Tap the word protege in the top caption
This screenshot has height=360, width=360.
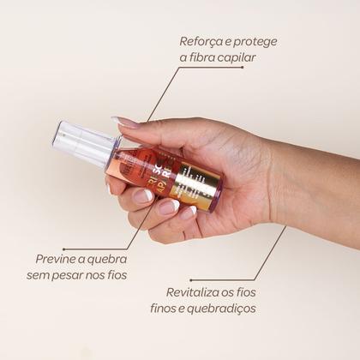point(255,41)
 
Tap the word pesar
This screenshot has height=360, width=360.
point(84,274)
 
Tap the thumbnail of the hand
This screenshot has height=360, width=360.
point(123,122)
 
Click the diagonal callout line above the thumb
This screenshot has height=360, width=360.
point(163,93)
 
